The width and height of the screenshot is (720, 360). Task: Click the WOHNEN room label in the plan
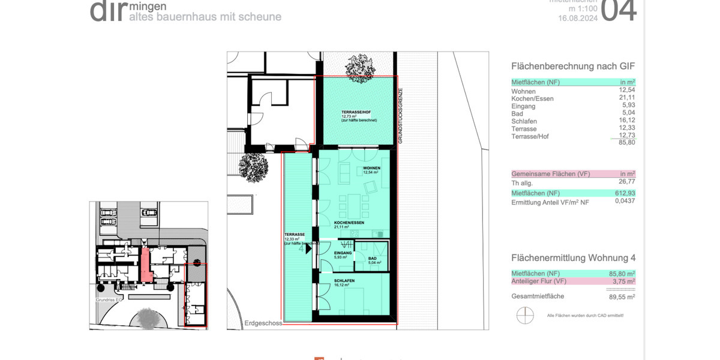click(371, 168)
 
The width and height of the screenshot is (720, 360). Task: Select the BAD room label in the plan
click(373, 259)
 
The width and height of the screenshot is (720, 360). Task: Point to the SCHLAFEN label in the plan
click(345, 281)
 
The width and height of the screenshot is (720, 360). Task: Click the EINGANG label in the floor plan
click(343, 254)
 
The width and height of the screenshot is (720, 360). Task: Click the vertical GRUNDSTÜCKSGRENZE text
click(400, 116)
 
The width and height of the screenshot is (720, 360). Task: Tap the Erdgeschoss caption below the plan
click(263, 323)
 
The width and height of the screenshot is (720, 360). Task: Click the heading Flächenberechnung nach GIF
click(572, 67)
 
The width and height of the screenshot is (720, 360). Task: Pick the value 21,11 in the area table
click(626, 98)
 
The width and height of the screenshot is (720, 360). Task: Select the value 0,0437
click(625, 201)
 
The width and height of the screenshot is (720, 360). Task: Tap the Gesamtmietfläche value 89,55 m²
click(622, 296)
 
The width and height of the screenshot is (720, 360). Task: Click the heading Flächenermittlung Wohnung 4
click(573, 258)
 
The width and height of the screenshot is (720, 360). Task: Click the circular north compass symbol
click(525, 315)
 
